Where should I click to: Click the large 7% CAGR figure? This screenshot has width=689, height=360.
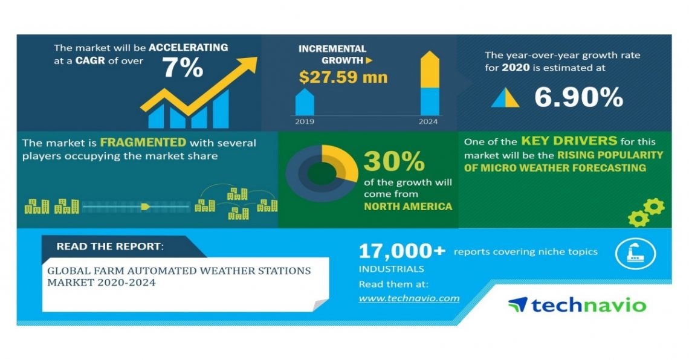click(x=183, y=68)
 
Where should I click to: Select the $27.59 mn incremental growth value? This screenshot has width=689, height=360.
click(x=343, y=77)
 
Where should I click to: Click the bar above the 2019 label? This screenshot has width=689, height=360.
click(x=305, y=102)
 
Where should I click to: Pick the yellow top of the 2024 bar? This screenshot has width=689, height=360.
click(x=430, y=69)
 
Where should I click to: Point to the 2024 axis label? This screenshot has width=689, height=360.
click(x=428, y=121)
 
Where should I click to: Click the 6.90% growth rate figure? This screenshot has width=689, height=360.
click(x=578, y=97)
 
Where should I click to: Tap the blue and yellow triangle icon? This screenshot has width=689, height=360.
click(x=505, y=97)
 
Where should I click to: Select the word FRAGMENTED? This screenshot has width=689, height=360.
click(x=143, y=143)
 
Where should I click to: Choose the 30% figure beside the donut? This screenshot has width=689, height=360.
click(x=394, y=161)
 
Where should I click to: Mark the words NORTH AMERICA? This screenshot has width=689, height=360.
click(x=408, y=207)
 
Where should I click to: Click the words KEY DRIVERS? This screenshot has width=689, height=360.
click(x=569, y=141)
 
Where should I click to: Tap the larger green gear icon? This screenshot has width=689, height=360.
click(x=654, y=207)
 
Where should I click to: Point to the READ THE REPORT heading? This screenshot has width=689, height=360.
click(x=109, y=246)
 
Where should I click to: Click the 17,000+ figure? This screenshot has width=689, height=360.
click(x=402, y=251)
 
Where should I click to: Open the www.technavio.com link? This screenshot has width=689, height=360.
click(x=409, y=298)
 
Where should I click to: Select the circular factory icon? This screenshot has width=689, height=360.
click(x=635, y=254)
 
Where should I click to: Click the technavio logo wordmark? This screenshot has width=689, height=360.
click(x=577, y=305)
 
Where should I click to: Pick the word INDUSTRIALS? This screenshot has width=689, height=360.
click(x=392, y=269)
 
